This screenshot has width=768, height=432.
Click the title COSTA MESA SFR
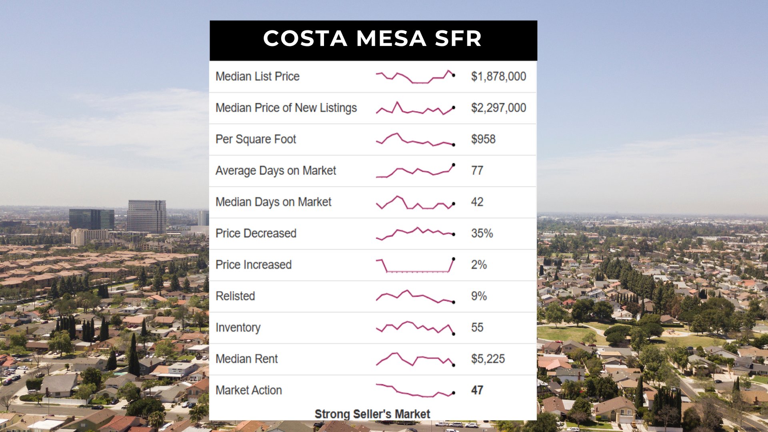pos(372,39)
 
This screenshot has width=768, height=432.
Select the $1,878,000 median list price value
pos(498,76)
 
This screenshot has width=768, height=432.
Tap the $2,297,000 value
pos(498,108)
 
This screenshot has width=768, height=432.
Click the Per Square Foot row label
pos(256,139)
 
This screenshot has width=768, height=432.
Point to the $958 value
pos(483,139)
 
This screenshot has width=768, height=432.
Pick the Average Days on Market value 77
pos(477,170)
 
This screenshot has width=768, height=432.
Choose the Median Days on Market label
pos(273,202)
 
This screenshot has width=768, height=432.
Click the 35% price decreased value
pos(482,233)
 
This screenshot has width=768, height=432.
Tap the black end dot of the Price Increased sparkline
pos(454,259)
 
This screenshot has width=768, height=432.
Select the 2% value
pos(479,265)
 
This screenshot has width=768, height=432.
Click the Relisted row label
pos(235,296)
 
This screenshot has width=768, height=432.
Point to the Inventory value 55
pos(477,327)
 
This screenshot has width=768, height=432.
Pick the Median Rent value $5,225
pos(488,359)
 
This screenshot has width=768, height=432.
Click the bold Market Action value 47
pos(477,390)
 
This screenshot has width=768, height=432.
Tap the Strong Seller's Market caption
pos(372,414)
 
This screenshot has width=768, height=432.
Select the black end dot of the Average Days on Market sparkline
pos(454,165)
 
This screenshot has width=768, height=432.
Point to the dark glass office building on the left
pos(92,219)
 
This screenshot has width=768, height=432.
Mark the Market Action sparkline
pos(415,390)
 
